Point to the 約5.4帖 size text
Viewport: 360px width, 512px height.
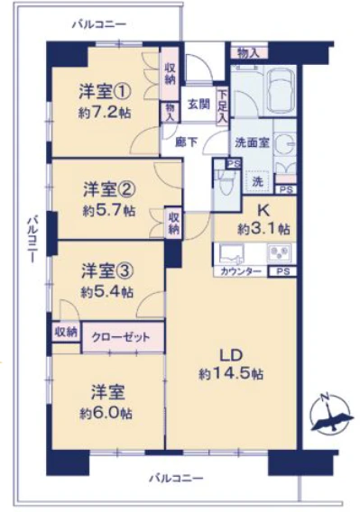click(106, 292)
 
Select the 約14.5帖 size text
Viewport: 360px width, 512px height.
click(231, 372)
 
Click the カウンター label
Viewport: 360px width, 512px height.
click(241, 271)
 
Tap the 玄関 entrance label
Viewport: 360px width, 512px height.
click(198, 105)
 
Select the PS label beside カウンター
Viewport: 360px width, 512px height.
click(283, 271)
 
